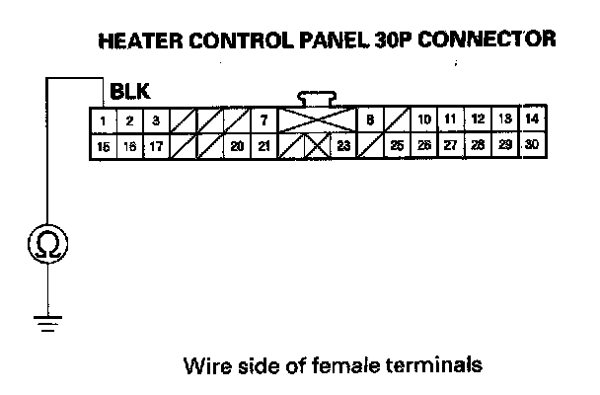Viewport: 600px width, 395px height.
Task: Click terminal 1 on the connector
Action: pos(103,121)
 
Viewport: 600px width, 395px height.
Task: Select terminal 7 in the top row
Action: pos(264,121)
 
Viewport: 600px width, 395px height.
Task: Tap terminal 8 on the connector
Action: pos(368,121)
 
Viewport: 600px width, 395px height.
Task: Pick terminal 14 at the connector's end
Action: pos(532,119)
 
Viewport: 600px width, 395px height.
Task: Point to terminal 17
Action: pos(156,146)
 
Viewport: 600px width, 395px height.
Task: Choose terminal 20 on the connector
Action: pos(237,146)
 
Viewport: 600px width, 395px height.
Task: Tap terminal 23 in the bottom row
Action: pos(343,146)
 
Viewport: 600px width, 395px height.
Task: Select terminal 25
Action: pos(397,146)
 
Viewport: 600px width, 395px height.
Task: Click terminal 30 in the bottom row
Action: pos(532,144)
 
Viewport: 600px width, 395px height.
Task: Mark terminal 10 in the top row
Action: pos(423,120)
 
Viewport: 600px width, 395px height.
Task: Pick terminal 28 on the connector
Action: pos(478,145)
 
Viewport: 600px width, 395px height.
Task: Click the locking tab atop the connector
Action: pos(318,98)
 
